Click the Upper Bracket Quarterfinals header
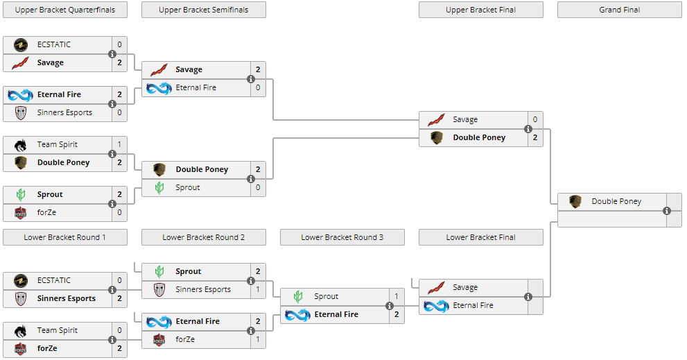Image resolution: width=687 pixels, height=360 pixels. [x=65, y=10]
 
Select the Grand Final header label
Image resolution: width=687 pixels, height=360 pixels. [x=619, y=10]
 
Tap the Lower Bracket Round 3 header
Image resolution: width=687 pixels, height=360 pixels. [x=342, y=237]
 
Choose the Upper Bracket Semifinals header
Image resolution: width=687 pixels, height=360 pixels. [x=203, y=10]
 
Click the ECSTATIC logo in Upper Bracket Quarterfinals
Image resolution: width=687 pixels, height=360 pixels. [x=20, y=45]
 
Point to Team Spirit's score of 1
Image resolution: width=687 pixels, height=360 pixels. [x=119, y=144]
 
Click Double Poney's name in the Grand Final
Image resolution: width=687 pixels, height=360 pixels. [x=616, y=201]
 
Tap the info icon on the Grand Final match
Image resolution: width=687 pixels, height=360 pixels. [x=667, y=211]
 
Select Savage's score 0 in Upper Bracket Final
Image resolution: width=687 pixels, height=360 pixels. [x=535, y=119]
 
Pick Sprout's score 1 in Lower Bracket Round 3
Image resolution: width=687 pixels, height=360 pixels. [x=397, y=296]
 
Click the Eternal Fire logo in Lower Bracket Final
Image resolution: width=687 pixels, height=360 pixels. [x=436, y=306]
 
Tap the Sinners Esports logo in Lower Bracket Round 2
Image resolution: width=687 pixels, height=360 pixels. [x=159, y=290]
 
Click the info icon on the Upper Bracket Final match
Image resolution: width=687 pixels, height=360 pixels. [x=528, y=129]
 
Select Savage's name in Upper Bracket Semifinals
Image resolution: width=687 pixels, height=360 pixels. [x=189, y=69]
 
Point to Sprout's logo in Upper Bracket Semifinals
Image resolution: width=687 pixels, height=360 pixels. [x=159, y=188]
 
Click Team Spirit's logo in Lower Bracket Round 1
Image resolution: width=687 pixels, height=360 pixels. [x=20, y=331]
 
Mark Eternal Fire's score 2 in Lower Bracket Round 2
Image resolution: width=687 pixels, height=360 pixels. [x=258, y=321]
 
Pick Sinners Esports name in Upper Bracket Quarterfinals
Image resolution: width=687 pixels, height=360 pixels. [x=64, y=112]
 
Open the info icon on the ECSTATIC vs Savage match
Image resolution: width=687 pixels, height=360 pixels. [x=112, y=54]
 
